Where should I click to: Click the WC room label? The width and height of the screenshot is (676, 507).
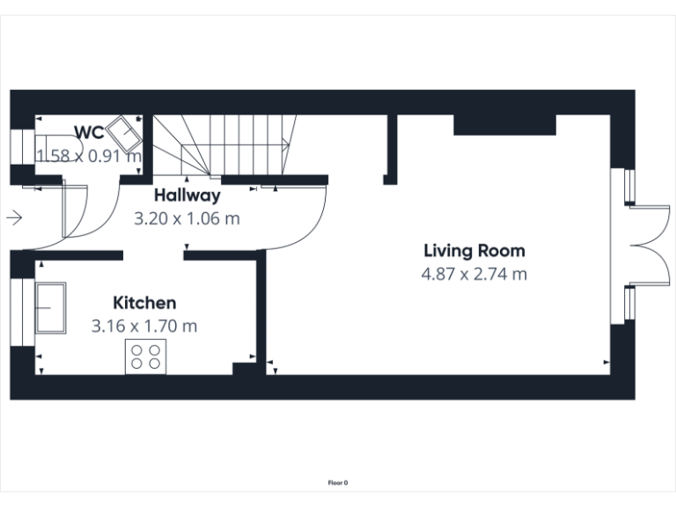coord(90,133)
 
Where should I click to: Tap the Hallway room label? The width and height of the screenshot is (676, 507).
coord(187,195)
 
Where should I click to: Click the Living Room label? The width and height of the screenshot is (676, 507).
coord(474,251)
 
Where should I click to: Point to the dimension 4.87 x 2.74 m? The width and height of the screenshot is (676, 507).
coord(474,274)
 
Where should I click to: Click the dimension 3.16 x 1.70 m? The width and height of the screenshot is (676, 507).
coord(143,327)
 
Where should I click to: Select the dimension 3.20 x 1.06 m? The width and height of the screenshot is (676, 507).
coord(187,218)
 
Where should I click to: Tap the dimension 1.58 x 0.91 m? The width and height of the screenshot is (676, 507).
coord(88,156)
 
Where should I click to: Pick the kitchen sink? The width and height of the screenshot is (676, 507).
coord(51,308)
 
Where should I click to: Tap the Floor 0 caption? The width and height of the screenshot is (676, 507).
coord(338,482)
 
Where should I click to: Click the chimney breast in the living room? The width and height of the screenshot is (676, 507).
coord(504,125)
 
